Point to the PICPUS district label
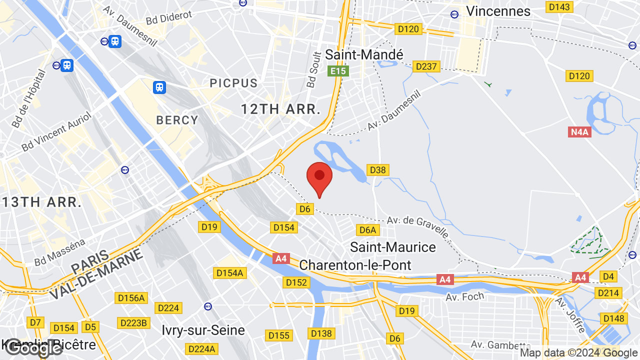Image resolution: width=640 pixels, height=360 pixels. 233,83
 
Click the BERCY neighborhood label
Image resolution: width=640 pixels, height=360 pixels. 177,120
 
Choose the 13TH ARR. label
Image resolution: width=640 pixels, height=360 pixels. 41,202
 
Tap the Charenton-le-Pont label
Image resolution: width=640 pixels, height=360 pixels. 355,265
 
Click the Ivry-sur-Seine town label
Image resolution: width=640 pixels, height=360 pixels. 203,330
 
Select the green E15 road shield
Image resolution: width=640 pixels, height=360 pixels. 338,71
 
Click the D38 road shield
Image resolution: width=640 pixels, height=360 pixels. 377,170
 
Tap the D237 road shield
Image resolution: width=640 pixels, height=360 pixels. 426,66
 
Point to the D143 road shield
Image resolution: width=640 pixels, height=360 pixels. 559,7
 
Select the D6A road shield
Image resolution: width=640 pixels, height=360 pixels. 367,230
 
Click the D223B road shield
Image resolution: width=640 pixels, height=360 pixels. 133,323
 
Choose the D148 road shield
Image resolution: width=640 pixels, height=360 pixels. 613,318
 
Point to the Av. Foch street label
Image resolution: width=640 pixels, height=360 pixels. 465,297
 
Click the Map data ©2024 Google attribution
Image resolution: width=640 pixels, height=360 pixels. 578,353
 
